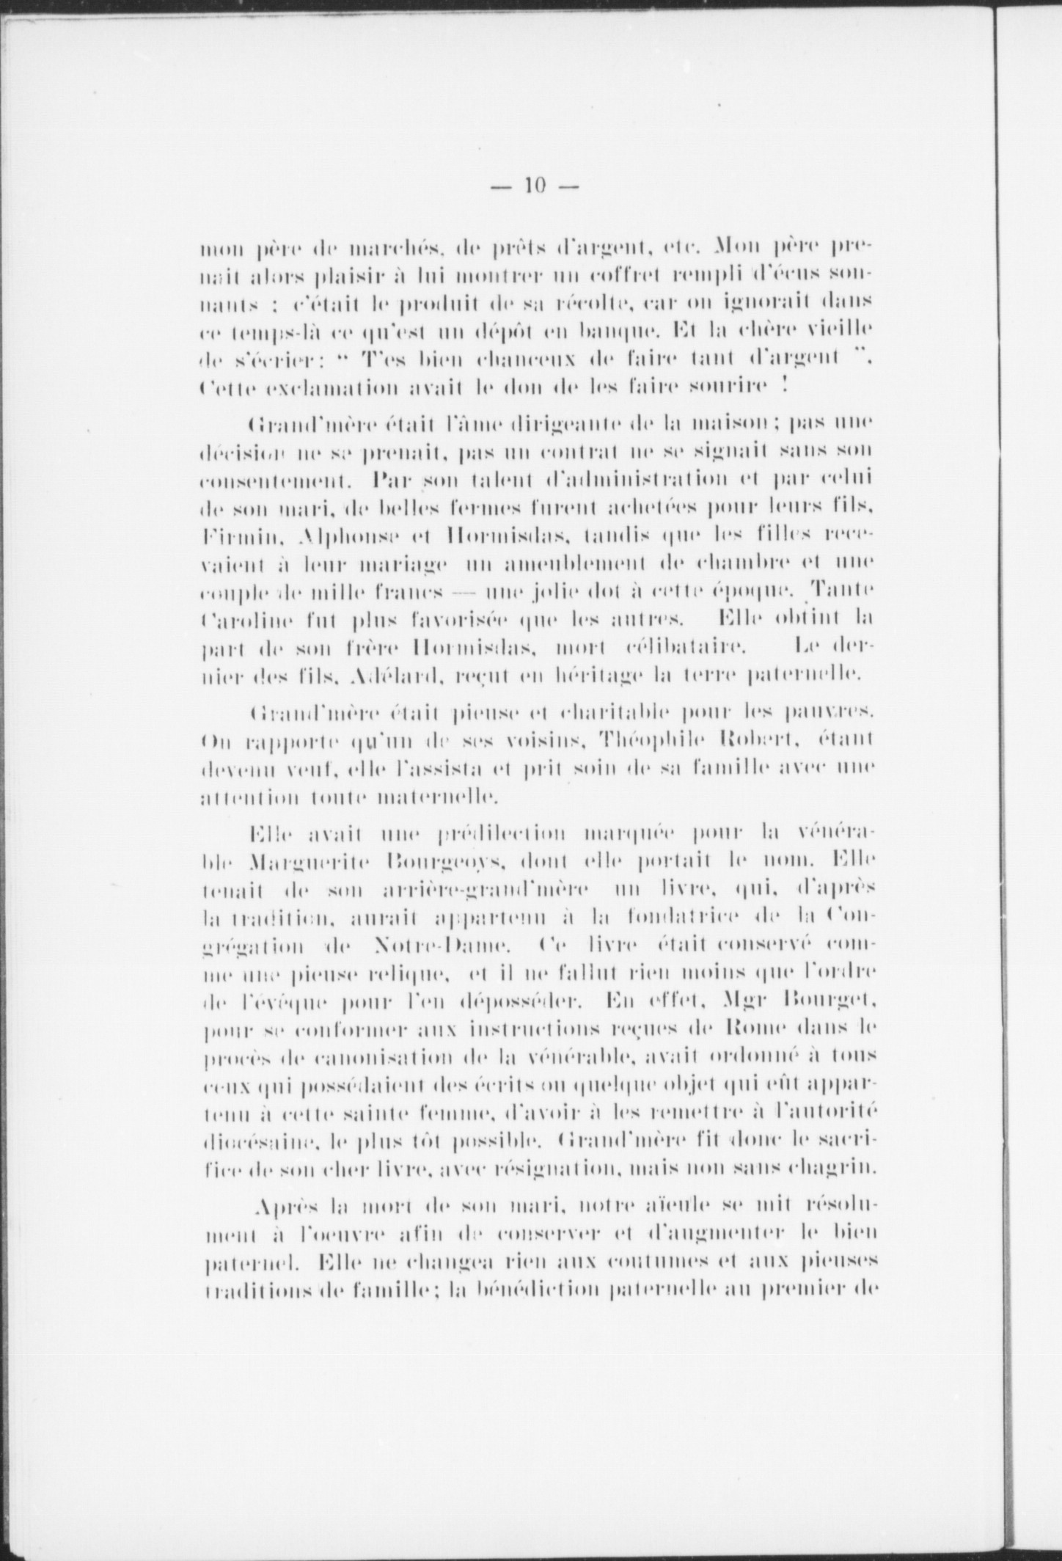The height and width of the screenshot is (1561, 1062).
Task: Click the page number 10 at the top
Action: point(534,186)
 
